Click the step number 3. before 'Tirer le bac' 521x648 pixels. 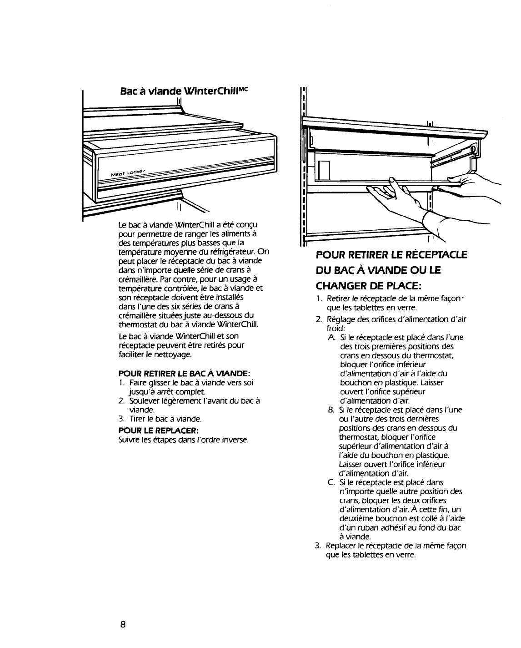coord(121,419)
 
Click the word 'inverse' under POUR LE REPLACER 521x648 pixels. coord(236,440)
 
